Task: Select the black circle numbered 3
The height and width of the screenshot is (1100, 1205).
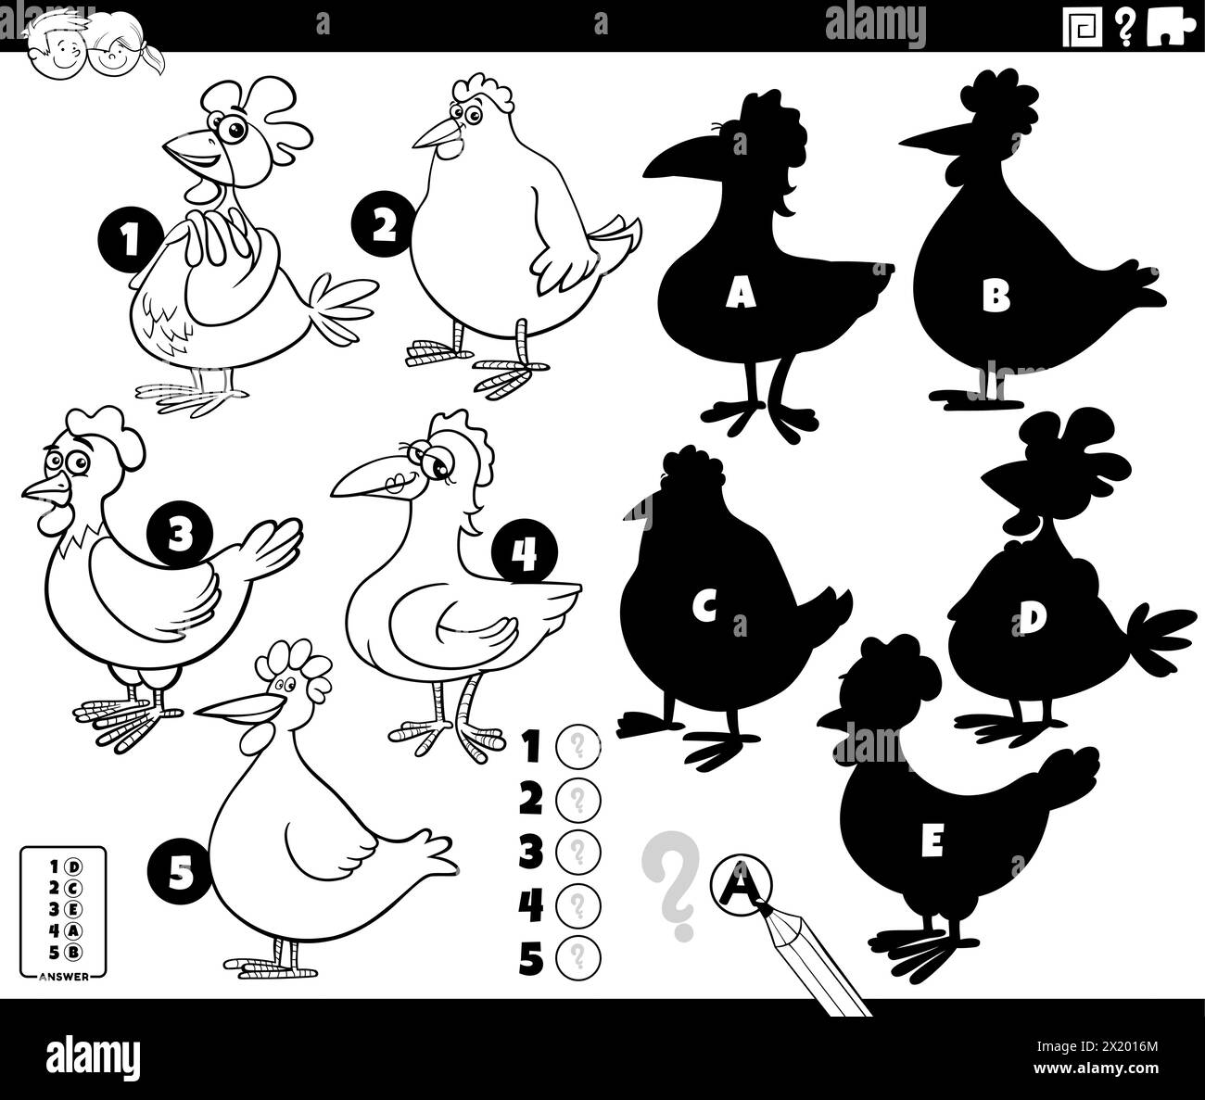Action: coord(180,532)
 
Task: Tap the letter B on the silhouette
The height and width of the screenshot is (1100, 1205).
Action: coord(996,297)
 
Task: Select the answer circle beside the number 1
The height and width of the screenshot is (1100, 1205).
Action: coord(577,744)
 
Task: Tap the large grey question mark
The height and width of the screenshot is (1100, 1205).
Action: coord(670,881)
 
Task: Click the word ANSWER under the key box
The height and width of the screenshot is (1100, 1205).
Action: coord(64,977)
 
